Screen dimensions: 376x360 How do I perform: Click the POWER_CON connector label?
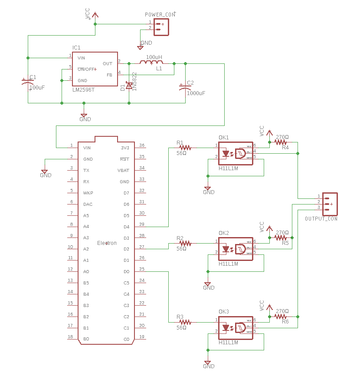pyautogui.click(x=160, y=15)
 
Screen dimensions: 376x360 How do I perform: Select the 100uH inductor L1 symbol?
pyautogui.click(x=151, y=63)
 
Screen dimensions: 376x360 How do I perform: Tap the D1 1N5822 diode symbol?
pyautogui.click(x=129, y=86)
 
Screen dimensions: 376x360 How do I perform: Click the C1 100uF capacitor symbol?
pyautogui.click(x=28, y=82)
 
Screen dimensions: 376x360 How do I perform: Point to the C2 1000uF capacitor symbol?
pyautogui.click(x=185, y=87)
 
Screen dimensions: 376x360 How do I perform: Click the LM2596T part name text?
pyautogui.click(x=83, y=90)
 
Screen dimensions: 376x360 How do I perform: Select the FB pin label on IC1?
pyautogui.click(x=109, y=75)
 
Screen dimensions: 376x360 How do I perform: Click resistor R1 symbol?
pyautogui.click(x=185, y=148)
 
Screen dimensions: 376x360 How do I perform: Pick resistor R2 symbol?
pyautogui.click(x=185, y=244)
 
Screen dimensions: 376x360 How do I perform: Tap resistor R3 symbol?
pyautogui.click(x=185, y=322)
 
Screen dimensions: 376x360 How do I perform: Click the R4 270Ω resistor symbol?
pyautogui.click(x=281, y=142)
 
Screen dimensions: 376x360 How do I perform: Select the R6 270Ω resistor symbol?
pyautogui.click(x=281, y=317)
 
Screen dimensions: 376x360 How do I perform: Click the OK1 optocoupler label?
pyautogui.click(x=224, y=138)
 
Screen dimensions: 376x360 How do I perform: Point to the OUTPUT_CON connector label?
pyautogui.click(x=321, y=219)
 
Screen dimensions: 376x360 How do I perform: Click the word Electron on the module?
pyautogui.click(x=107, y=243)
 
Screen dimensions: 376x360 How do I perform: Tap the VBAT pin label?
pyautogui.click(x=124, y=170)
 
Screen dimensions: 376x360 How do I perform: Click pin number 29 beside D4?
pyautogui.click(x=141, y=224)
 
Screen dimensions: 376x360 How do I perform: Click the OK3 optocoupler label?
pyautogui.click(x=224, y=312)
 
